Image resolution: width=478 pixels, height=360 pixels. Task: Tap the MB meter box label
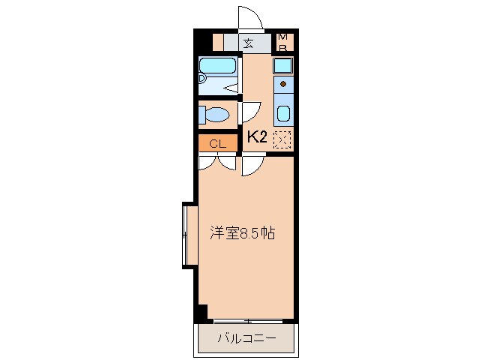point(283,42)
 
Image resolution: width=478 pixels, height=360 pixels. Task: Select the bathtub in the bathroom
point(218,66)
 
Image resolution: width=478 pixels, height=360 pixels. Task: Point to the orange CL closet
point(217,142)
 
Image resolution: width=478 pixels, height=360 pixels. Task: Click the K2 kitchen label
point(257,137)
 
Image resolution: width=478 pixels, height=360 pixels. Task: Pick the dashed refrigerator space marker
point(282,138)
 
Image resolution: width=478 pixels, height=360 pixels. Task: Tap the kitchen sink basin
point(283,115)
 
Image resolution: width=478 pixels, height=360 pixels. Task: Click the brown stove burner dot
point(283,84)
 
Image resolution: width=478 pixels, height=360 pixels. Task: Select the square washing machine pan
point(282,65)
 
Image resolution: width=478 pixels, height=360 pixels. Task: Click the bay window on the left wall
point(187,234)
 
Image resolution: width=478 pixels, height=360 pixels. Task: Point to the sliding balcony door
point(247,321)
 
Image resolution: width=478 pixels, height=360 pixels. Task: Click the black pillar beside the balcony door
point(201,312)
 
